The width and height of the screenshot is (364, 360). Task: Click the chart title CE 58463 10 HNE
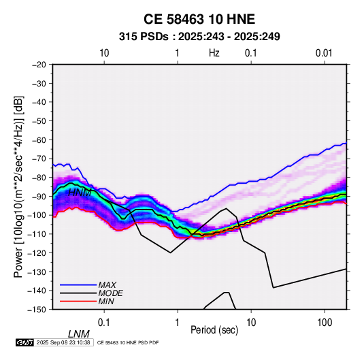(x=199, y=19)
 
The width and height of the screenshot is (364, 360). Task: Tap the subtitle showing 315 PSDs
(x=199, y=37)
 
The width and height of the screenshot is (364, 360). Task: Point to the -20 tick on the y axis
(x=39, y=65)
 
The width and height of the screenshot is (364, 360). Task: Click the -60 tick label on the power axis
(x=39, y=140)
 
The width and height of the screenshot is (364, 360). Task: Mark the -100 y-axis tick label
(x=37, y=215)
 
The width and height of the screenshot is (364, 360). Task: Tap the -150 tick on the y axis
(x=37, y=310)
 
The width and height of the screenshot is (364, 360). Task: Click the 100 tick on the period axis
(x=325, y=323)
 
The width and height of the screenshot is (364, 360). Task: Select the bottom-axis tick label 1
(x=177, y=323)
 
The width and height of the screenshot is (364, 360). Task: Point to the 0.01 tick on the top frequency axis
(x=324, y=53)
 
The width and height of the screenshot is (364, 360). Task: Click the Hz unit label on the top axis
(x=214, y=53)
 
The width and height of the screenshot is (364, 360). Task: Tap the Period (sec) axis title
(x=214, y=330)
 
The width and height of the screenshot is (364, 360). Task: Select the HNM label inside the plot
(x=80, y=193)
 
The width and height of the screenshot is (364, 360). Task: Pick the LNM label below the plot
(x=79, y=334)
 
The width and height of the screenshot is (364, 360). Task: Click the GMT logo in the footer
(x=25, y=342)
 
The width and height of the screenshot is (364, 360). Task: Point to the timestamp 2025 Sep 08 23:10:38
(x=63, y=342)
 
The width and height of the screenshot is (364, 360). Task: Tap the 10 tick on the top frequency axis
(x=104, y=53)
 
